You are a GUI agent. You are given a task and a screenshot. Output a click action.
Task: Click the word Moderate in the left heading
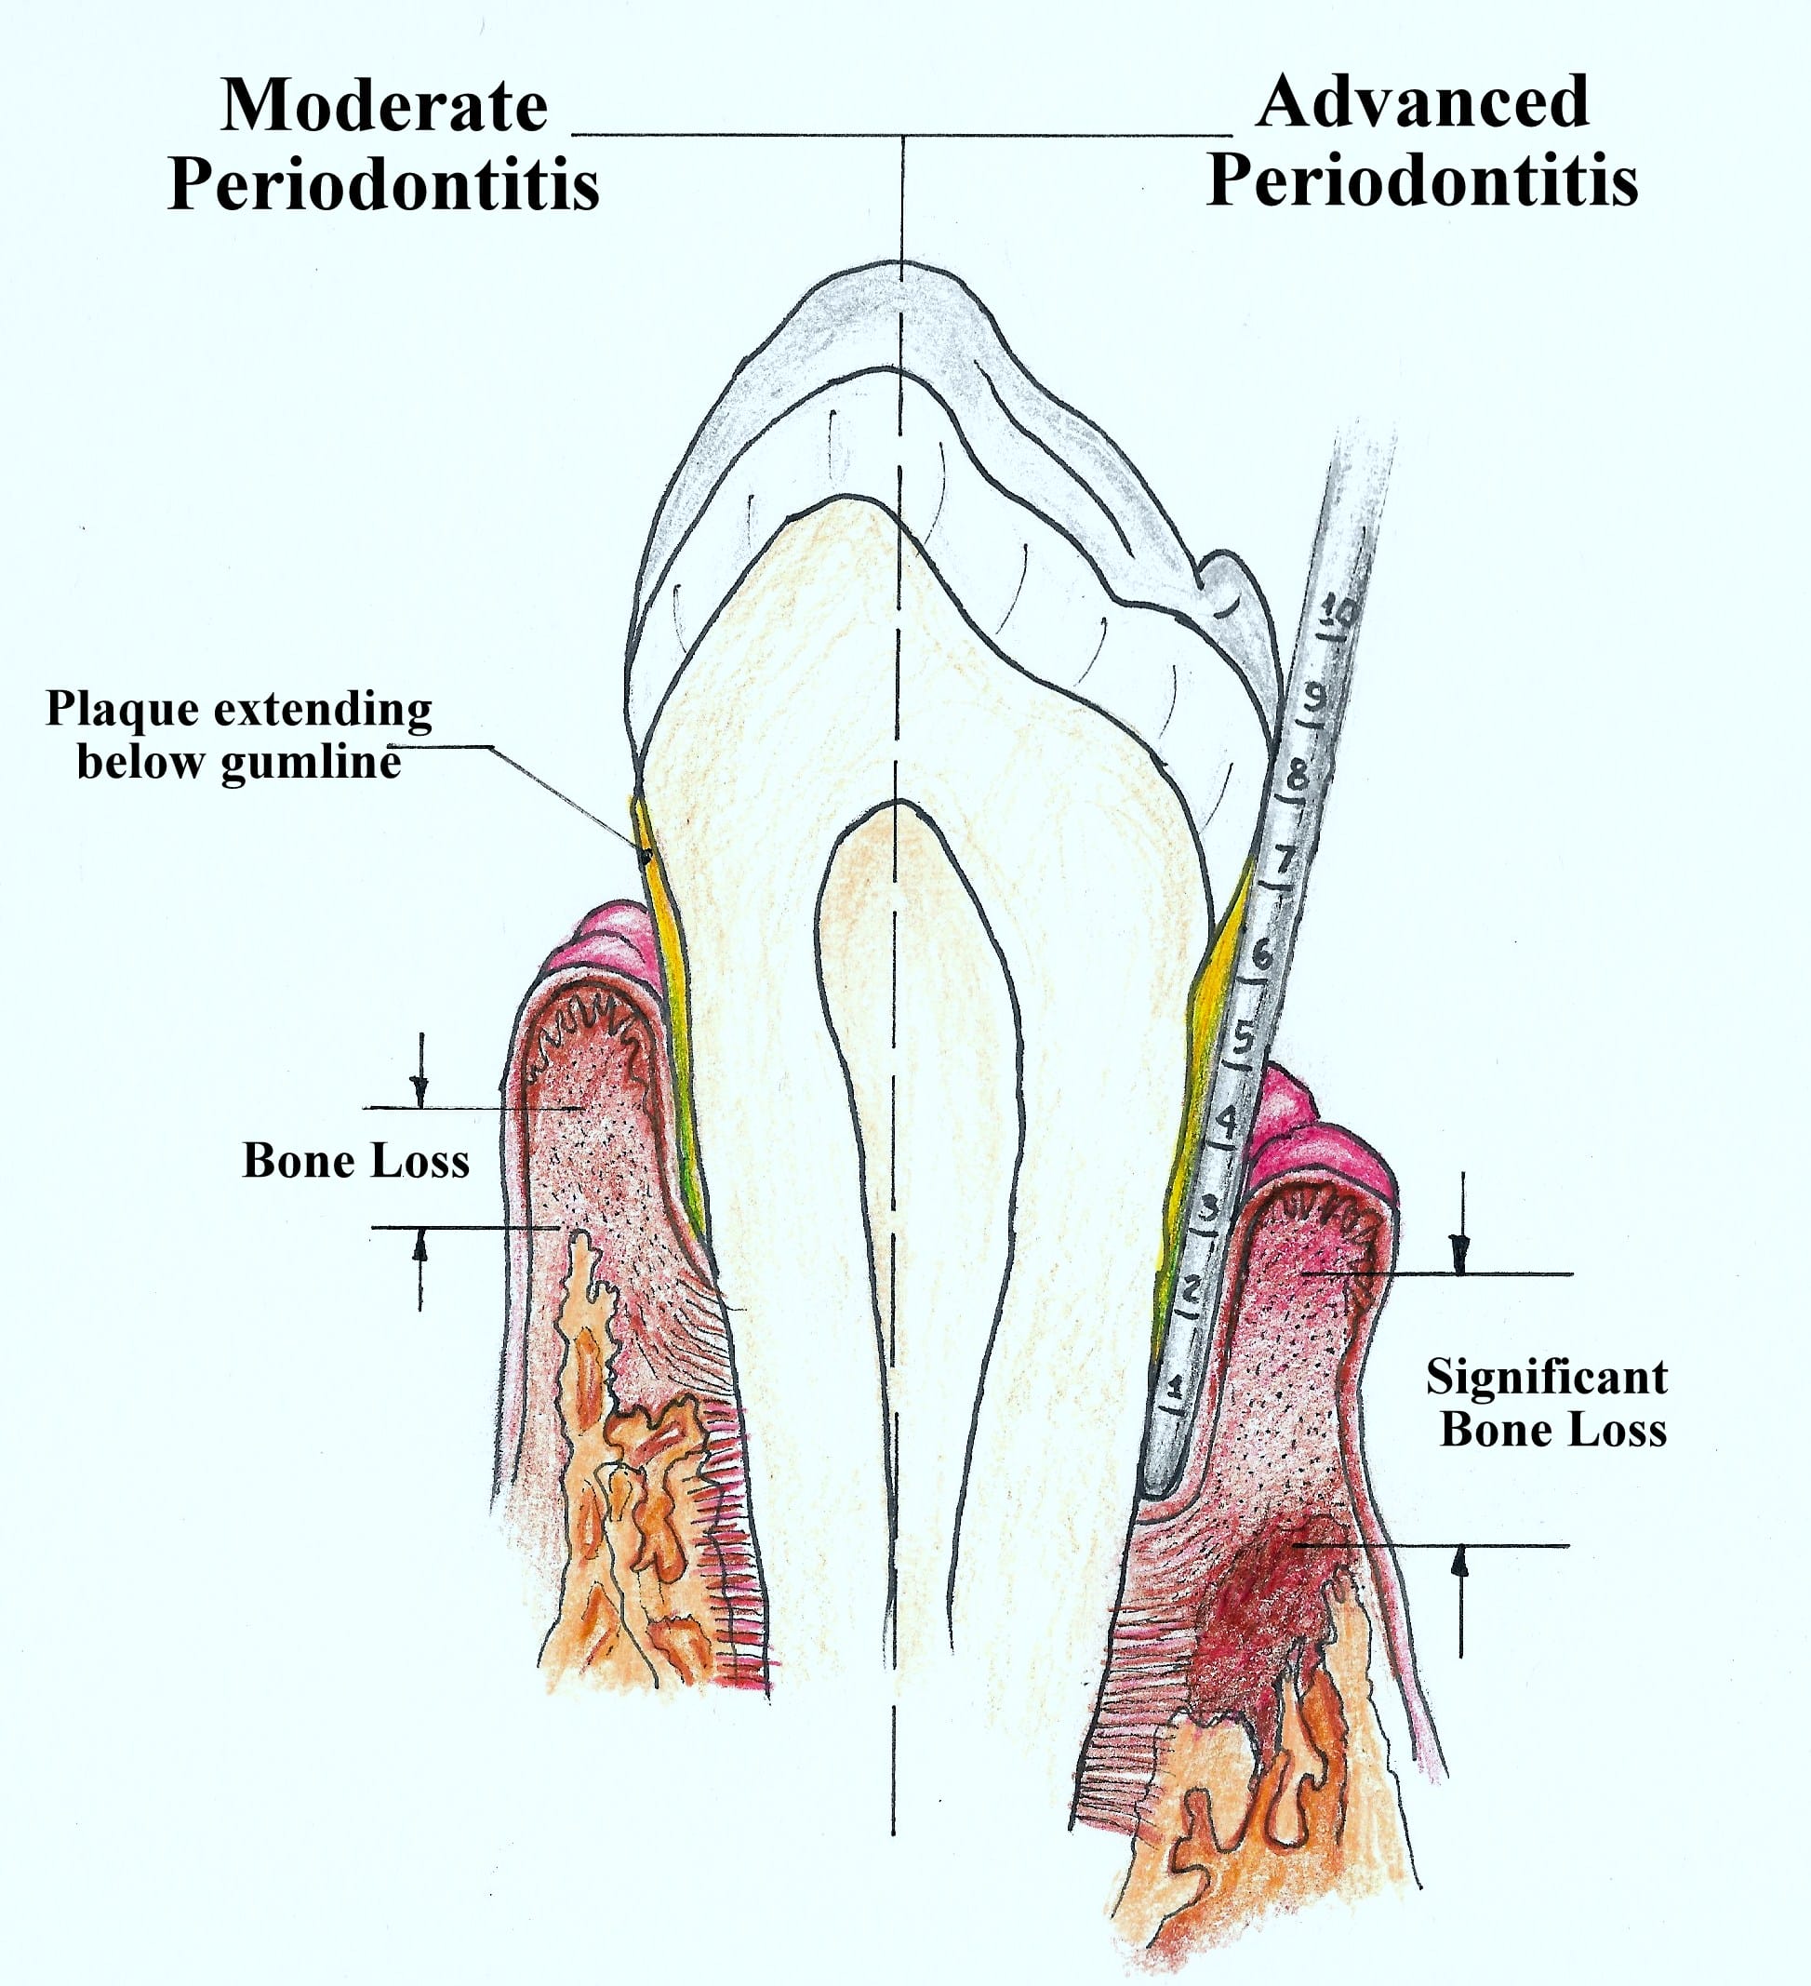click(383, 105)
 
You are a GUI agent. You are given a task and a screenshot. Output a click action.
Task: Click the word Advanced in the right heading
click(1422, 101)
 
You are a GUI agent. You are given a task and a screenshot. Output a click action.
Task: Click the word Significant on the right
click(1546, 1378)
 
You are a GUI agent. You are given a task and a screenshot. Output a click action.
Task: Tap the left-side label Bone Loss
click(355, 1161)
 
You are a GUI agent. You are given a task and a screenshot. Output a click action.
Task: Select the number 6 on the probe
click(1262, 953)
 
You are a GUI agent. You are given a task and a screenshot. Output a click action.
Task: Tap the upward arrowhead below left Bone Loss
click(420, 1246)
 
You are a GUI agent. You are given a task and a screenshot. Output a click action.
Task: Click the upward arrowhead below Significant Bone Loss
click(1460, 1561)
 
